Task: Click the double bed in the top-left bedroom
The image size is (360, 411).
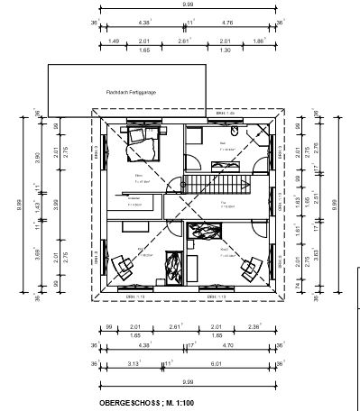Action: pos(141,136)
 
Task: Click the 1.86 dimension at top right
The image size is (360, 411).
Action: pos(260,41)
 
